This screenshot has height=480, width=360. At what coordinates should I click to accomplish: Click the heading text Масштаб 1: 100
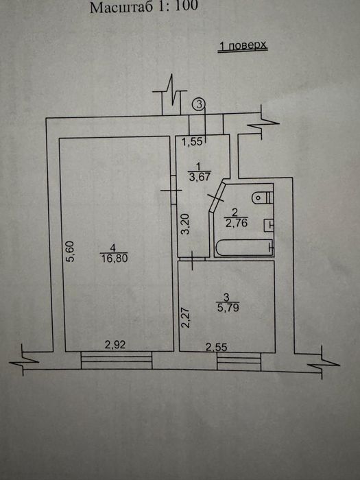pyautogui.click(x=144, y=7)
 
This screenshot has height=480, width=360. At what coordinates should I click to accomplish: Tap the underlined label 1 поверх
pyautogui.click(x=243, y=46)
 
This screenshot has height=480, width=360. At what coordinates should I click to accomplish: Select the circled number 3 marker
pyautogui.click(x=199, y=104)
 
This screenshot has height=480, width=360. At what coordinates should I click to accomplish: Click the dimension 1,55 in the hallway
pyautogui.click(x=192, y=141)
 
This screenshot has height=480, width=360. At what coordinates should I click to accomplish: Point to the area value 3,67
pyautogui.click(x=200, y=177)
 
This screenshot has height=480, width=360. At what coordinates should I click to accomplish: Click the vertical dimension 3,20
pyautogui.click(x=185, y=224)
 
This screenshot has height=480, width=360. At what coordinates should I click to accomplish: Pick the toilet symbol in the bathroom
pyautogui.click(x=263, y=197)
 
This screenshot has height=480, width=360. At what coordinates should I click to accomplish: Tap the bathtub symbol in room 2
pyautogui.click(x=243, y=248)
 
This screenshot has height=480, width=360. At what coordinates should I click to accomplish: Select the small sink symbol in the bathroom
pyautogui.click(x=269, y=225)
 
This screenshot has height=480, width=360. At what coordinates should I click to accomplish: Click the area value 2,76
pyautogui.click(x=237, y=223)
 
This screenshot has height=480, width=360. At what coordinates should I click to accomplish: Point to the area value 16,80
pyautogui.click(x=115, y=258)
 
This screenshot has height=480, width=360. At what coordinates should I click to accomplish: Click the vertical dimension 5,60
pyautogui.click(x=70, y=252)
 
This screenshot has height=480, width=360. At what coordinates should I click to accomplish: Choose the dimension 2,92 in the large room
pyautogui.click(x=115, y=345)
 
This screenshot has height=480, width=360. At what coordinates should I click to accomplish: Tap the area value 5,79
pyautogui.click(x=228, y=307)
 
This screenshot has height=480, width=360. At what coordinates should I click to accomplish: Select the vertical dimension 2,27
pyautogui.click(x=185, y=317)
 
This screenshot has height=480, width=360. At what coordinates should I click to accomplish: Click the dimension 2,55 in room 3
pyautogui.click(x=217, y=347)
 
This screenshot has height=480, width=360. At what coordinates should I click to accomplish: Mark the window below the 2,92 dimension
pyautogui.click(x=117, y=360)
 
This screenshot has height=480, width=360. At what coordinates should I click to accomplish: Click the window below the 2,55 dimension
pyautogui.click(x=239, y=361)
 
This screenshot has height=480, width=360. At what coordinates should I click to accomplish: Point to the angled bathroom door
pyautogui.click(x=217, y=197)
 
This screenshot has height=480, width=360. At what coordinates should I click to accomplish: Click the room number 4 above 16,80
pyautogui.click(x=113, y=248)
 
